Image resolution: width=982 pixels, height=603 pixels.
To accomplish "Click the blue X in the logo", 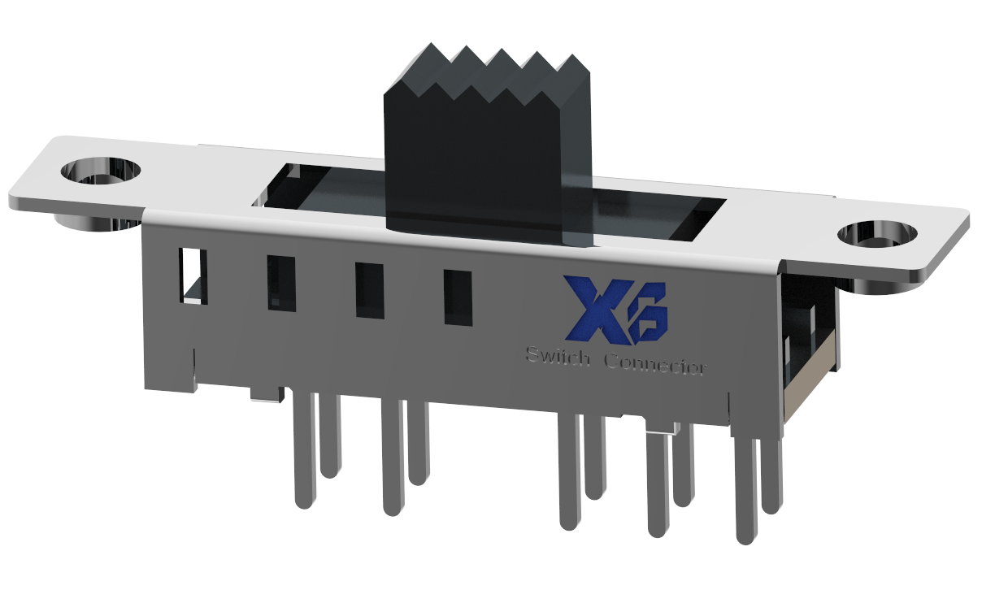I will [x=592, y=308].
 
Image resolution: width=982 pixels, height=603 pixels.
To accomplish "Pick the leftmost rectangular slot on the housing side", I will [x=193, y=275].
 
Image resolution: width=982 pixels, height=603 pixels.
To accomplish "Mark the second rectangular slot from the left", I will [x=281, y=284].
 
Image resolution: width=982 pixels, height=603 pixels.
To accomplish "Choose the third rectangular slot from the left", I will [x=369, y=290].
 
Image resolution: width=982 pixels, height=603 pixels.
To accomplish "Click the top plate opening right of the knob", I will [x=658, y=218].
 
